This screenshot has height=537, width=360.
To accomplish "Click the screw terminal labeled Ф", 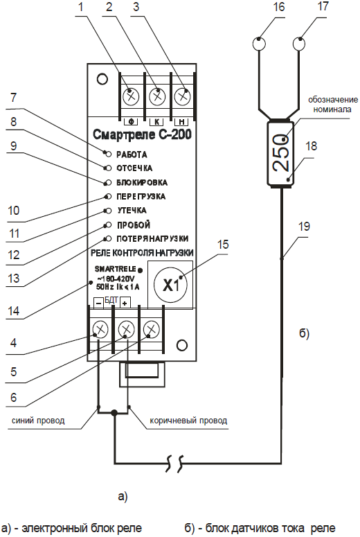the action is pyautogui.click(x=131, y=96).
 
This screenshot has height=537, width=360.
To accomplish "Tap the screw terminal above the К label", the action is pyautogui.click(x=156, y=96).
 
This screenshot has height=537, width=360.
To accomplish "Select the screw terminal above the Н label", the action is pyautogui.click(x=182, y=96).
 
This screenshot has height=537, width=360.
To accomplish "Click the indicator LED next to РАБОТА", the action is pyautogui.click(x=109, y=155).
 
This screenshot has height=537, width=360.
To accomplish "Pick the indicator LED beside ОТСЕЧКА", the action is pyautogui.click(x=109, y=168).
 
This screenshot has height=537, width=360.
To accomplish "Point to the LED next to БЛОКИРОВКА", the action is pyautogui.click(x=109, y=182).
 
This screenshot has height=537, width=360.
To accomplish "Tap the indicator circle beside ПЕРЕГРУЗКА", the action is pyautogui.click(x=109, y=197).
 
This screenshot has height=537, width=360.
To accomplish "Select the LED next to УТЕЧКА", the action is pyautogui.click(x=109, y=210).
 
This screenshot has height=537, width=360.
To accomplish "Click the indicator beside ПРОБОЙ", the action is pyautogui.click(x=109, y=225).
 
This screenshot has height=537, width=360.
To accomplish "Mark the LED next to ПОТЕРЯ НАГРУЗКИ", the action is pyautogui.click(x=109, y=238).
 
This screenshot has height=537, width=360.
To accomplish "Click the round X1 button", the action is pyautogui.click(x=170, y=285).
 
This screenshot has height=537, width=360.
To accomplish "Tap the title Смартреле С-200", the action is pyautogui.click(x=142, y=134).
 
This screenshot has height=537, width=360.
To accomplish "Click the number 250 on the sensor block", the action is pyautogui.click(x=281, y=153).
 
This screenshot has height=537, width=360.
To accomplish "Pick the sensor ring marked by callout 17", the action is pyautogui.click(x=299, y=44).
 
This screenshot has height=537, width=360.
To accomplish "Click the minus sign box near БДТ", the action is pyautogui.click(x=98, y=303).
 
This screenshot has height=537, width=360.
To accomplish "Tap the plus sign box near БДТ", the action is pyautogui.click(x=125, y=303).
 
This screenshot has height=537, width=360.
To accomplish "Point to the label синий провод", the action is pyautogui.click(x=38, y=421).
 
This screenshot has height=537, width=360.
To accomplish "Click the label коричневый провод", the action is pyautogui.click(x=188, y=421).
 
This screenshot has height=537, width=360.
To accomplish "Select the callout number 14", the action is pyautogui.click(x=14, y=311).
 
